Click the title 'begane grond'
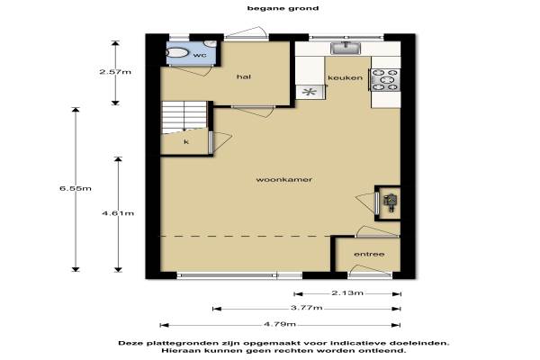tap(283, 8)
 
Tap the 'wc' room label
tap(200, 55)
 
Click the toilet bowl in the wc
tap(177, 53)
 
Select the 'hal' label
tap(244, 76)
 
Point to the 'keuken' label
tap(345, 77)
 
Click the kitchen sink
tap(346, 48)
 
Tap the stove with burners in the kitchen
tap(385, 80)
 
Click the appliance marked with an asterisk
tap(310, 92)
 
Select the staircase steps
tap(184, 116)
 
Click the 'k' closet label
tap(186, 141)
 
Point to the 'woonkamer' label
tap(284, 179)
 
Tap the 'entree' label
tap(369, 254)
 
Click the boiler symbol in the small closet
tap(391, 202)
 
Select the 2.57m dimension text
tap(115, 72)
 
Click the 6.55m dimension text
tap(76, 188)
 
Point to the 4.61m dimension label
tap(118, 213)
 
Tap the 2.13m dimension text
tap(347, 293)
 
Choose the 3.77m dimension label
tap(307, 308)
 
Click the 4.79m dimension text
tap(280, 324)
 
